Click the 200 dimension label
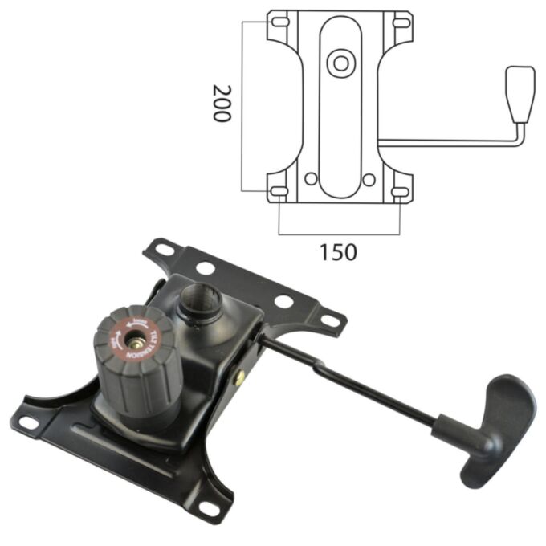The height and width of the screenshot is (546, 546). click(221, 102)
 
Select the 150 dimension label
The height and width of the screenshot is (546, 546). click(338, 251)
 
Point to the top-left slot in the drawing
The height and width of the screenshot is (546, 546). click(279, 20)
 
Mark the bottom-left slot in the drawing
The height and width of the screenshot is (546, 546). click(279, 191)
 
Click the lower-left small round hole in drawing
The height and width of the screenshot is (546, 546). click(310, 179)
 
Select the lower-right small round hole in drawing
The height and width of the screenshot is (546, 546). click(369, 179)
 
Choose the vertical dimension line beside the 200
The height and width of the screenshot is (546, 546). click(242, 104)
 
